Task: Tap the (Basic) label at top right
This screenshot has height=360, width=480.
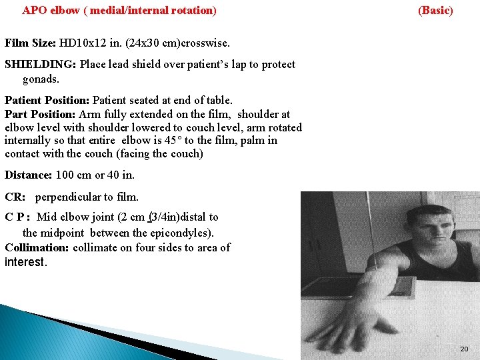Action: (x=435, y=11)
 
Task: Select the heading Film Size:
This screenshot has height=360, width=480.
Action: (x=30, y=43)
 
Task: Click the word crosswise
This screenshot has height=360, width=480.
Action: (x=202, y=43)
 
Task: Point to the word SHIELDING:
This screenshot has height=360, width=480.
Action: (x=41, y=65)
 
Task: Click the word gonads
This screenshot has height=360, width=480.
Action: (x=40, y=79)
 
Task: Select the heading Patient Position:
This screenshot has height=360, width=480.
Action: (x=47, y=101)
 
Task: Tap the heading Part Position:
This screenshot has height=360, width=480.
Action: (x=40, y=114)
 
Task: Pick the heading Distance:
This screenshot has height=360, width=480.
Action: (x=28, y=175)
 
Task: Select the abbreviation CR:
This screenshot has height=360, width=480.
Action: (x=15, y=197)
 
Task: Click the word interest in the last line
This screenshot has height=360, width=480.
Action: (x=25, y=262)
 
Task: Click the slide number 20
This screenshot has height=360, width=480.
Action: (x=464, y=349)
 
